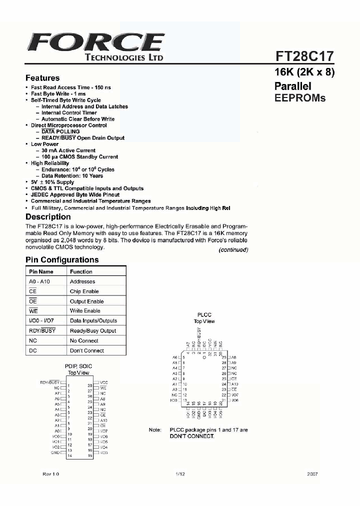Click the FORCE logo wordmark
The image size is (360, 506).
95,41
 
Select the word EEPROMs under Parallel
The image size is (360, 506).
300,98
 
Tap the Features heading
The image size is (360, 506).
42,78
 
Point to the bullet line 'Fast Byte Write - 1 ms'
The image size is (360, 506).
58,94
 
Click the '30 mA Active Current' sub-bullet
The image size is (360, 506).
68,150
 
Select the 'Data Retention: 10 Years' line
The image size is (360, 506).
72,176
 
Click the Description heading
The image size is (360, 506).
48,217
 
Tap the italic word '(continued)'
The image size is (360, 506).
233,250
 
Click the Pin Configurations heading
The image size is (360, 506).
62,260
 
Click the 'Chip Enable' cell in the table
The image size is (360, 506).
84,291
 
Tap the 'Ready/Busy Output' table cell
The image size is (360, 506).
93,331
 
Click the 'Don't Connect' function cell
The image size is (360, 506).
87,351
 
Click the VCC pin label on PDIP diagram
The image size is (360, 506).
104,382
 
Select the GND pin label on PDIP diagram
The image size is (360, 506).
55,452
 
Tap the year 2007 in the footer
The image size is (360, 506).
312,473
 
